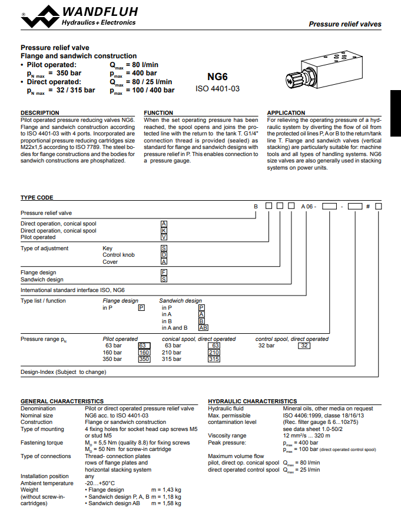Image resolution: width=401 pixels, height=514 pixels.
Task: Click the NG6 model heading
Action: tap(218, 77)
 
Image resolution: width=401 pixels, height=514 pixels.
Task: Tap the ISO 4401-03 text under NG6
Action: tap(218, 89)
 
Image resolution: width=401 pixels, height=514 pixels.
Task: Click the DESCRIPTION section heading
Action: tap(40, 112)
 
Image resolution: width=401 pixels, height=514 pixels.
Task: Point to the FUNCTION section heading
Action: tap(158, 112)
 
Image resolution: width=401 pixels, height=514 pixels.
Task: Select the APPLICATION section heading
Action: tap(286, 112)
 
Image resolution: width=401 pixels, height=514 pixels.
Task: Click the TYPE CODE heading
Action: tap(37, 198)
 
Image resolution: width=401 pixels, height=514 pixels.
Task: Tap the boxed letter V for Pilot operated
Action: tap(164, 237)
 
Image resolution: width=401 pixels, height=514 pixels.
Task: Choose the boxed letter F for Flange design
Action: tap(164, 273)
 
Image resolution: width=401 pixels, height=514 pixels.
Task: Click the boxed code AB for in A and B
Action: tap(203, 327)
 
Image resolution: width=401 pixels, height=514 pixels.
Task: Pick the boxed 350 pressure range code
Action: tap(144, 359)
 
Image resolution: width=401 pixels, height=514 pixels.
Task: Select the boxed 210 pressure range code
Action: tap(214, 352)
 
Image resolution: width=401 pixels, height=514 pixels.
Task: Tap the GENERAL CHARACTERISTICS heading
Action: tap(62, 401)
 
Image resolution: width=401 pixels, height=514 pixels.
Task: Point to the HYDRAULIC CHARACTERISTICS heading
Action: tap(253, 401)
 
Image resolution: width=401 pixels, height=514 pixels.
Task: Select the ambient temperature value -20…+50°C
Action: tap(100, 483)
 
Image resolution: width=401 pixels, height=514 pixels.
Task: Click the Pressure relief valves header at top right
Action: tap(344, 25)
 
